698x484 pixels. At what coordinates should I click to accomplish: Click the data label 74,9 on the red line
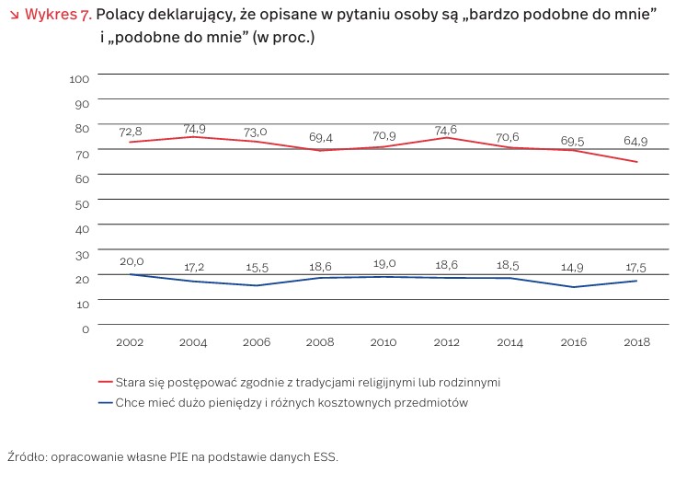tap(193, 128)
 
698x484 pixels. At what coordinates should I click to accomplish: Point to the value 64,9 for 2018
tap(635, 143)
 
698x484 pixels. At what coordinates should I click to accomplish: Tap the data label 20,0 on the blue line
tap(132, 262)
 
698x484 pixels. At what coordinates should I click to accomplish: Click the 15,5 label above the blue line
tap(256, 267)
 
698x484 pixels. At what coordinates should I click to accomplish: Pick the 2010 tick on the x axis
tap(383, 342)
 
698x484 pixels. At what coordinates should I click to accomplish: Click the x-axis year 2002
tap(131, 342)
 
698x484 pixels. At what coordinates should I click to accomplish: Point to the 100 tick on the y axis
tap(79, 78)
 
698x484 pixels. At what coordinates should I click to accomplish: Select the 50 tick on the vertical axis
tap(82, 202)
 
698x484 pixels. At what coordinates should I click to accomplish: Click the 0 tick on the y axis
tap(86, 328)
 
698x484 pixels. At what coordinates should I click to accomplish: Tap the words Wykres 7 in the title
tap(57, 16)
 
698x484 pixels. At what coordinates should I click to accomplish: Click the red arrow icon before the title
tap(13, 16)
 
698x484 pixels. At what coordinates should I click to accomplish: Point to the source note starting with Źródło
tap(173, 456)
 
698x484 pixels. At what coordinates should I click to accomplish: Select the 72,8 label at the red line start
tap(132, 133)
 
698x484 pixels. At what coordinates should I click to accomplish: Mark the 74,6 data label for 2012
tap(447, 130)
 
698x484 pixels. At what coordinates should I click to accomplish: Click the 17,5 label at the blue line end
tap(635, 267)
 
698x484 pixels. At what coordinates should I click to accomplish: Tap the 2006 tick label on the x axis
tap(257, 342)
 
